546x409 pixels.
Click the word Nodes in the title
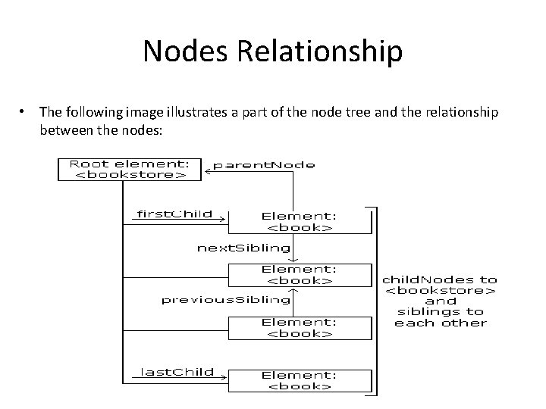185,51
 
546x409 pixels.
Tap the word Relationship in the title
320,52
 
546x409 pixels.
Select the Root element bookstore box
130,170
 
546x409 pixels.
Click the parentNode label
264,165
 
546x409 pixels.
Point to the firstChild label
174,214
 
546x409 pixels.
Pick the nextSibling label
243,248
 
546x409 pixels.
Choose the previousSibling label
226,300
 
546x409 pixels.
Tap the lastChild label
177,372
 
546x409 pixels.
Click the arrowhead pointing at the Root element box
208,171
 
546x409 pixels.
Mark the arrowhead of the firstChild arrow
223,219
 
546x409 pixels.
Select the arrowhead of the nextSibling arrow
293,260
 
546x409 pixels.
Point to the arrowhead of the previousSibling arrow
293,290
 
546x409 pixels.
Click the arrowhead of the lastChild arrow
224,377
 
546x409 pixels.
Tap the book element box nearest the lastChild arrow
300,381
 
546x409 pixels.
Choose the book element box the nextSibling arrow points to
300,275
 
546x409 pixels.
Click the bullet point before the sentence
22,111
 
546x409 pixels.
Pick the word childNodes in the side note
428,279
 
